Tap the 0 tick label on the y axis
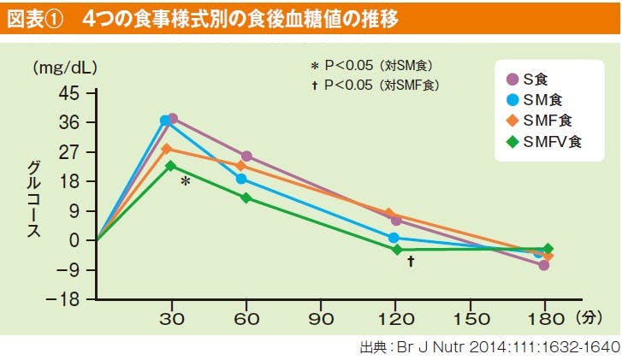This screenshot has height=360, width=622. point(75,241)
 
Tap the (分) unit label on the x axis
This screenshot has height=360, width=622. point(589,318)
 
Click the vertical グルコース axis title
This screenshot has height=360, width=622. point(33,196)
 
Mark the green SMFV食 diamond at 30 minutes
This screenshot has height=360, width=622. point(171,166)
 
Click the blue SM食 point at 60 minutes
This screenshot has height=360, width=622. point(241,179)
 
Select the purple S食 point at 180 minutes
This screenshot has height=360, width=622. point(544,265)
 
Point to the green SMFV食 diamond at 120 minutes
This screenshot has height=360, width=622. point(397,250)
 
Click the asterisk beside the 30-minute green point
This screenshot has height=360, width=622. point(185,182)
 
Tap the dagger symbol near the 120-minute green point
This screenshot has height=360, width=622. point(411,262)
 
